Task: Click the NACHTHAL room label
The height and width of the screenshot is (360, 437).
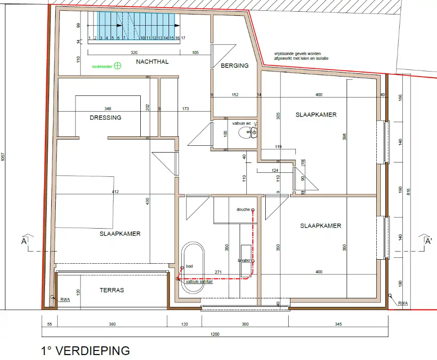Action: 152,62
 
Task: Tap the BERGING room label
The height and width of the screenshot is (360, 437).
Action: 234,66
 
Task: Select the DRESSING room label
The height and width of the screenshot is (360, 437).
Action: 105,118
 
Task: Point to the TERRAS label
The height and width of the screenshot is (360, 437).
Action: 111,290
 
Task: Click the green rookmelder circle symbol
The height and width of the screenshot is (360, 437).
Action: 118,66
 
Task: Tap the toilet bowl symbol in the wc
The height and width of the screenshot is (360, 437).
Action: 245,132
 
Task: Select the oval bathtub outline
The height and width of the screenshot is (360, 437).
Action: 192,269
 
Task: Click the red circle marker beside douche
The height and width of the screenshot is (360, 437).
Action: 253,210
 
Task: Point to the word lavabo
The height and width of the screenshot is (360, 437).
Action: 243,261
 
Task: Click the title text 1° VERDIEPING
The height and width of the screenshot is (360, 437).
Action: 85,351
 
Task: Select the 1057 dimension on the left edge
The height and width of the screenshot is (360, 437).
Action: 3,157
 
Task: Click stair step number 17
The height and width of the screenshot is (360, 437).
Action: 183,38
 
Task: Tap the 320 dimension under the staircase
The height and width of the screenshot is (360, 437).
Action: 134,53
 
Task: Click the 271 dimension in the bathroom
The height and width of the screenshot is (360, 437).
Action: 219,272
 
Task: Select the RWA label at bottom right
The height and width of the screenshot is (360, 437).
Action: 403,303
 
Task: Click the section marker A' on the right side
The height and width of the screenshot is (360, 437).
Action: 428,241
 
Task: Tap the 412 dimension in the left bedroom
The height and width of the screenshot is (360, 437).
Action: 116,192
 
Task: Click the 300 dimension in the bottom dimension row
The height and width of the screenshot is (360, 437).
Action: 245,324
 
